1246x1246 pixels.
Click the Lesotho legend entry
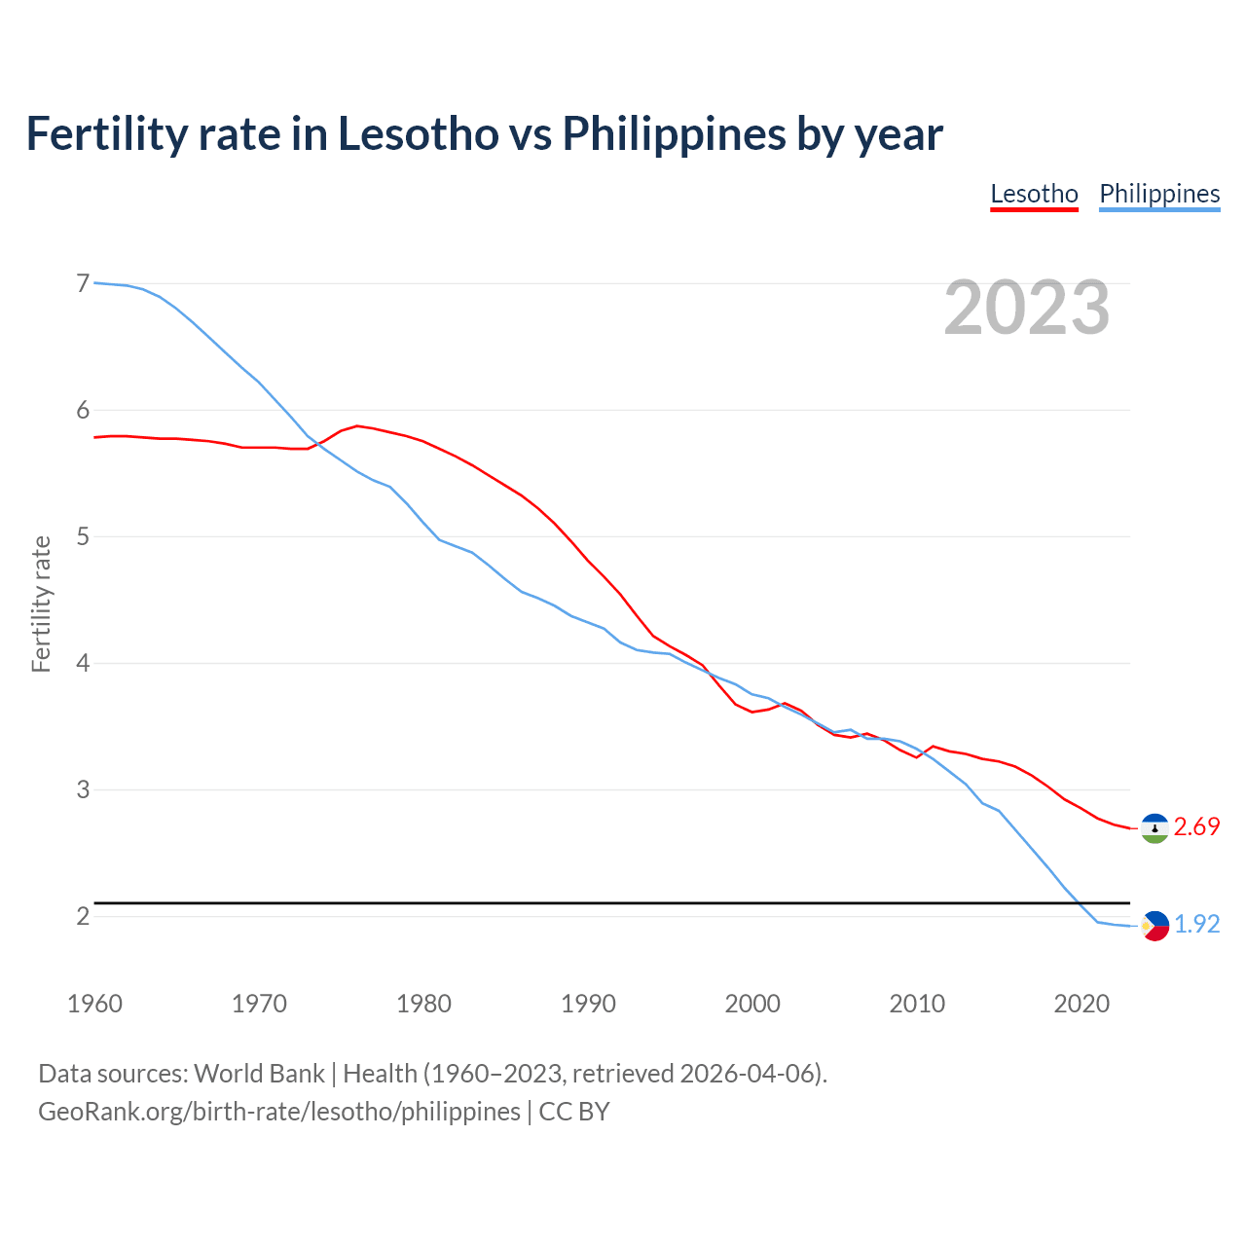tap(1034, 194)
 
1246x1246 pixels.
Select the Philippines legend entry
tap(1159, 194)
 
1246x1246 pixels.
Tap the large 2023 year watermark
tap(1027, 308)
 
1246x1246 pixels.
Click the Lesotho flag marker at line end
tap(1154, 827)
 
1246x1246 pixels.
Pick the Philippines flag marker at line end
tap(1154, 925)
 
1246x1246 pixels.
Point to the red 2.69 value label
tap(1196, 826)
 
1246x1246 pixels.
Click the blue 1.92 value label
tap(1196, 924)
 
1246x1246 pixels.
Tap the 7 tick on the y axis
tap(83, 283)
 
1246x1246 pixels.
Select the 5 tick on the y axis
tap(83, 536)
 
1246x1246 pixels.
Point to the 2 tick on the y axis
tap(83, 916)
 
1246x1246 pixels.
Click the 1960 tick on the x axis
tap(94, 1004)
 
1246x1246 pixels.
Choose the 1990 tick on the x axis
tap(588, 1004)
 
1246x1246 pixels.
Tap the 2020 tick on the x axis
tap(1081, 1004)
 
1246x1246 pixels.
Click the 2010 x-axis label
tap(917, 1004)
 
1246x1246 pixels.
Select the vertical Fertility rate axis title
tap(41, 604)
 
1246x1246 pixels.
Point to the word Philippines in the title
tap(674, 133)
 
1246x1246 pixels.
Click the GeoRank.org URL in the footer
tap(278, 1112)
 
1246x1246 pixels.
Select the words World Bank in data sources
tap(259, 1074)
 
